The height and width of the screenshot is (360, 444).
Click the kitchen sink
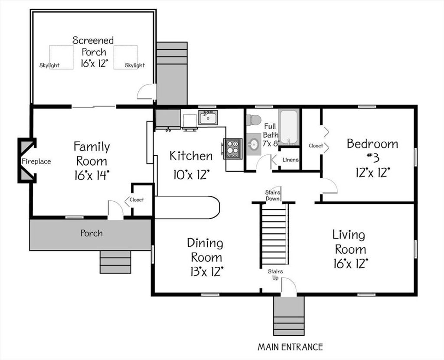point(208,118)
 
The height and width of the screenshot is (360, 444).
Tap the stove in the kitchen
point(232,149)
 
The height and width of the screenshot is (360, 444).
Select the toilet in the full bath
point(253,120)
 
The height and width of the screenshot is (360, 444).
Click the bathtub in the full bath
point(289,126)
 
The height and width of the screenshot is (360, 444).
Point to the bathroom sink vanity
point(254,144)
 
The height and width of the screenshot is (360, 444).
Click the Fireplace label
point(36,161)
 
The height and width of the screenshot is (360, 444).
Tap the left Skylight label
point(49,65)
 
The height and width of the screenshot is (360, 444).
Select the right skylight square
point(125,57)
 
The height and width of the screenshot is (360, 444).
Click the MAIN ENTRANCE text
point(290,347)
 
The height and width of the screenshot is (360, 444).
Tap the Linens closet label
point(291,160)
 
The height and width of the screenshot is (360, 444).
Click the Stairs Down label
point(273,196)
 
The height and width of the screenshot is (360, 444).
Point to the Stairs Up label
point(275,275)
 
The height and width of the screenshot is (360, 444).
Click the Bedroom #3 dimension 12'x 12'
point(373,172)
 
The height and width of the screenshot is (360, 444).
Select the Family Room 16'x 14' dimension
point(92,175)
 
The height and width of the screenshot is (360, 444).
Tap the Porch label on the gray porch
point(91,233)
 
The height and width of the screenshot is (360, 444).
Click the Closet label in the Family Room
point(137,200)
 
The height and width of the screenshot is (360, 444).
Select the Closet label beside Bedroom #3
point(316,146)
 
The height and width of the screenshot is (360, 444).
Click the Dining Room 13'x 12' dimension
point(207,272)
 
